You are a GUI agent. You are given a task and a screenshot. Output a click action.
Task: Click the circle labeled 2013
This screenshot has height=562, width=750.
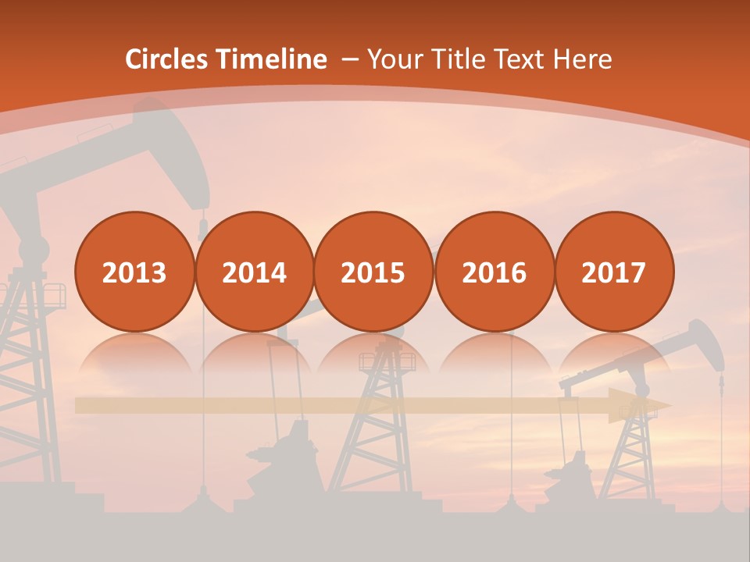point(134,272)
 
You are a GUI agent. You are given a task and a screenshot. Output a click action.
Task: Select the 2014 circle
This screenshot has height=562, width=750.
point(254,272)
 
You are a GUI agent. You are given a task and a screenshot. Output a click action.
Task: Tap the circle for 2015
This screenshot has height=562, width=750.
point(373,272)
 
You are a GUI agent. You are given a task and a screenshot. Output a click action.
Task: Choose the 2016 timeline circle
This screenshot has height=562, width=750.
point(494,272)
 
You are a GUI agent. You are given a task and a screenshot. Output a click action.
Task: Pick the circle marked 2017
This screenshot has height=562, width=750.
point(614,272)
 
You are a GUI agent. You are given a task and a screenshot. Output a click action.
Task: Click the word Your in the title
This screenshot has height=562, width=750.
point(395,59)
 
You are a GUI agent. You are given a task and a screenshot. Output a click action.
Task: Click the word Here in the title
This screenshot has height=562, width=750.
point(582,59)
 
